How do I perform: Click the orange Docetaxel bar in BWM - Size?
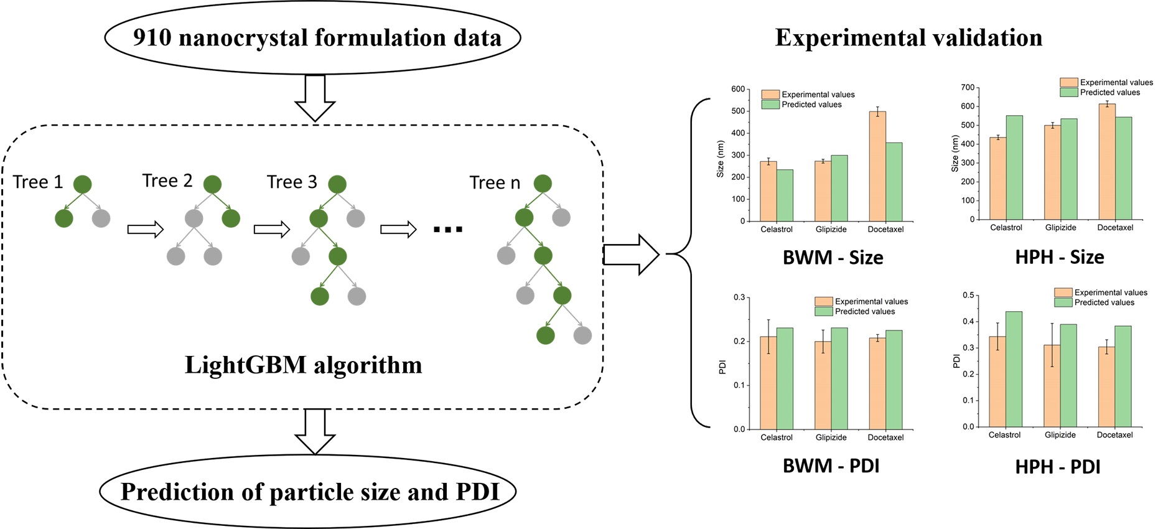(877, 166)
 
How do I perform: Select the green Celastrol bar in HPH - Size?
(1014, 167)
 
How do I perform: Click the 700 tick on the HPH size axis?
(968, 87)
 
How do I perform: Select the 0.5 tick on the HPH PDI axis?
(968, 295)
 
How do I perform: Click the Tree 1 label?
(38, 182)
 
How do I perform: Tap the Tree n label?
(495, 182)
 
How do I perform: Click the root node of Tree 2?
(212, 184)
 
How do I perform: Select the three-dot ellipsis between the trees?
(448, 230)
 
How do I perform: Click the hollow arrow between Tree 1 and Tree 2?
(145, 230)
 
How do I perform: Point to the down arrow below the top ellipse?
(315, 98)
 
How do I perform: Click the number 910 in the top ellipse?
(152, 37)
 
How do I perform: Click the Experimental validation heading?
(908, 37)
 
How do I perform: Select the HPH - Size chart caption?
(1060, 257)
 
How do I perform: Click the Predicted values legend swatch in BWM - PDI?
(823, 311)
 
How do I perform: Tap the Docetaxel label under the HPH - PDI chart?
(1114, 435)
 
